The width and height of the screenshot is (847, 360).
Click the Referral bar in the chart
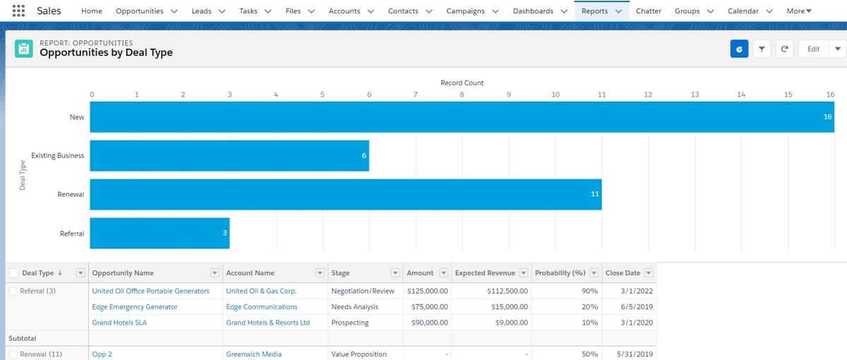click(160, 233)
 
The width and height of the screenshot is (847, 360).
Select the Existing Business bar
click(229, 155)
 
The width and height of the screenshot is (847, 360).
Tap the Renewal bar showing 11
click(346, 194)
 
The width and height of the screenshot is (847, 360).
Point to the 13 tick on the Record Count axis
click(695, 95)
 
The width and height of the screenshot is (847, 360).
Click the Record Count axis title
click(462, 83)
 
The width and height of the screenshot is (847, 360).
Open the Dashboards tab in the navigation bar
click(533, 11)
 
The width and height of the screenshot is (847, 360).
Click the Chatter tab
click(648, 11)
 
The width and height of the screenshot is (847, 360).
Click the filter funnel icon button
click(762, 49)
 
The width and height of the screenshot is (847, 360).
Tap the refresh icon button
click(784, 49)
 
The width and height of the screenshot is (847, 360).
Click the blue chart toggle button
click(739, 49)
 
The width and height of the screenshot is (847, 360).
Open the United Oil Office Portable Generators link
click(150, 291)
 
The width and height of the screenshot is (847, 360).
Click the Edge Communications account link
click(262, 306)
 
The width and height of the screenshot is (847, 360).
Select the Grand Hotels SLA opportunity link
click(119, 323)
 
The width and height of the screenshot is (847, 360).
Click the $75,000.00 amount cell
click(430, 306)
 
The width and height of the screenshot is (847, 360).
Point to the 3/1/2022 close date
click(637, 291)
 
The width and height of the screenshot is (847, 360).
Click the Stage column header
click(340, 273)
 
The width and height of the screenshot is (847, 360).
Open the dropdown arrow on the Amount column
click(443, 272)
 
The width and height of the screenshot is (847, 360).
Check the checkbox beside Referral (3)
click(13, 291)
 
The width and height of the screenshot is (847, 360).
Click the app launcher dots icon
click(18, 11)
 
